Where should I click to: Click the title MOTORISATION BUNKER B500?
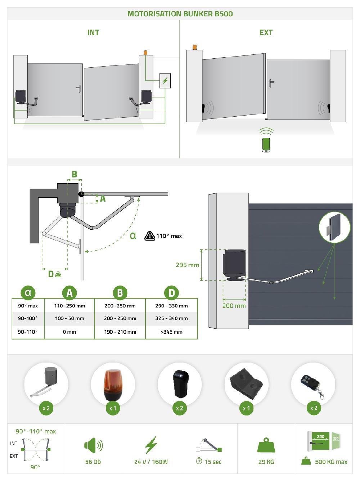coord(180,14)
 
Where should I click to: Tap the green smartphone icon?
coord(266,145)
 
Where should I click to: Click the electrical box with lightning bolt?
coord(165,81)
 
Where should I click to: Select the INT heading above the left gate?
coord(93,32)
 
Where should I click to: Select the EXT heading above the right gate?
coord(266,32)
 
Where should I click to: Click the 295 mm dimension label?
coord(187,265)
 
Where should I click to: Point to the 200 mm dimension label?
coord(234,306)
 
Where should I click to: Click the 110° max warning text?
coord(169,236)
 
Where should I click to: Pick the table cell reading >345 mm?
coord(171,332)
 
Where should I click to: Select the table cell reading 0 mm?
coord(69,332)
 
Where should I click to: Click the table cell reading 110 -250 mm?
coord(69,306)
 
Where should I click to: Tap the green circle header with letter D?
coord(171,293)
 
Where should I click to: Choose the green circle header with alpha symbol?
coord(28,293)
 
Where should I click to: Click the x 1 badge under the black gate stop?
coord(246,408)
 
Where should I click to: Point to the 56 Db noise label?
coord(93,462)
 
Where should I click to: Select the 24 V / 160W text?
coord(151,462)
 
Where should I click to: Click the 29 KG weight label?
coord(266,462)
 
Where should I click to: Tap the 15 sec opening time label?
coord(212,462)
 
